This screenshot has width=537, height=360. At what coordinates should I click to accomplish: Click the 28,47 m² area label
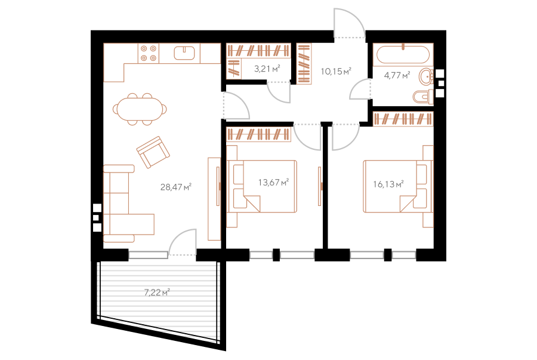pyautogui.click(x=175, y=187)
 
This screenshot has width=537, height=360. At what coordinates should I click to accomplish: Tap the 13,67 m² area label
pyautogui.click(x=274, y=182)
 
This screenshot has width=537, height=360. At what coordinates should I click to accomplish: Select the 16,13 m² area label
pyautogui.click(x=388, y=184)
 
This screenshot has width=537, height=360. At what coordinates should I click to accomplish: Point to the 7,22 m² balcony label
pyautogui.click(x=157, y=293)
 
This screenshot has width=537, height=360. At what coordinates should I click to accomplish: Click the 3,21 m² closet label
pyautogui.click(x=267, y=69)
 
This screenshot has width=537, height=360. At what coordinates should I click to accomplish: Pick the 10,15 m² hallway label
pyautogui.click(x=336, y=71)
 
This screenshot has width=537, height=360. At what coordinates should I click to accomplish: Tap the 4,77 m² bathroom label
pyautogui.click(x=397, y=75)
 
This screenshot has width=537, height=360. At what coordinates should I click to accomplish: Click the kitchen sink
pyautogui.click(x=184, y=53)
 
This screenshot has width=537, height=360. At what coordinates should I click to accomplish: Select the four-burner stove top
pyautogui.click(x=149, y=53)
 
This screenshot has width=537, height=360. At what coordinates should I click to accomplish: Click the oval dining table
pyautogui.click(x=140, y=109)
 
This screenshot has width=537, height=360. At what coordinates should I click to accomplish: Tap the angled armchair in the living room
pyautogui.click(x=153, y=152)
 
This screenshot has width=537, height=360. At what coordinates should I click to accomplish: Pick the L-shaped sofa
pyautogui.click(x=128, y=204)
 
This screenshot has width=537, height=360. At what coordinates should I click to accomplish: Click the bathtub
pyautogui.click(x=403, y=54)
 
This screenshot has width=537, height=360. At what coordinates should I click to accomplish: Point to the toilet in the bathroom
pyautogui.click(x=423, y=97)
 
